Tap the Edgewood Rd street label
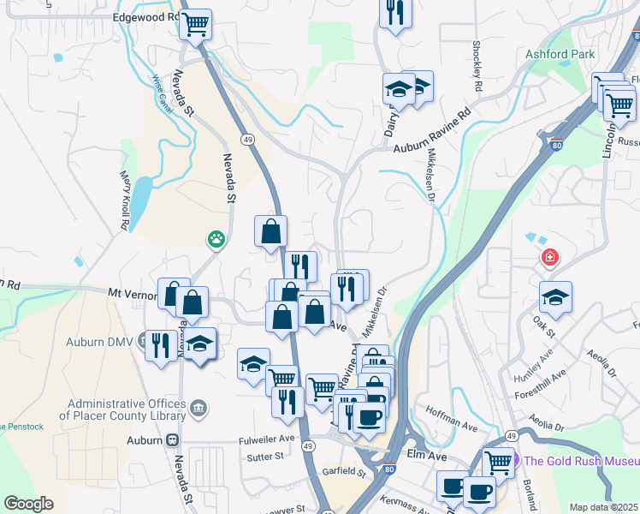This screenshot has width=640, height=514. [x=146, y=17]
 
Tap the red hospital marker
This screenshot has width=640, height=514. [x=548, y=257]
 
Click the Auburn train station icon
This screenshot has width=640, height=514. [x=173, y=439]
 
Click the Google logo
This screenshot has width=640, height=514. [x=28, y=504]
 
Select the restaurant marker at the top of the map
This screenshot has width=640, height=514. [x=395, y=12]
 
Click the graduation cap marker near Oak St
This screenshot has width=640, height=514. [x=556, y=297]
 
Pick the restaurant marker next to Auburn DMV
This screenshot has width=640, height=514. [x=160, y=346]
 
